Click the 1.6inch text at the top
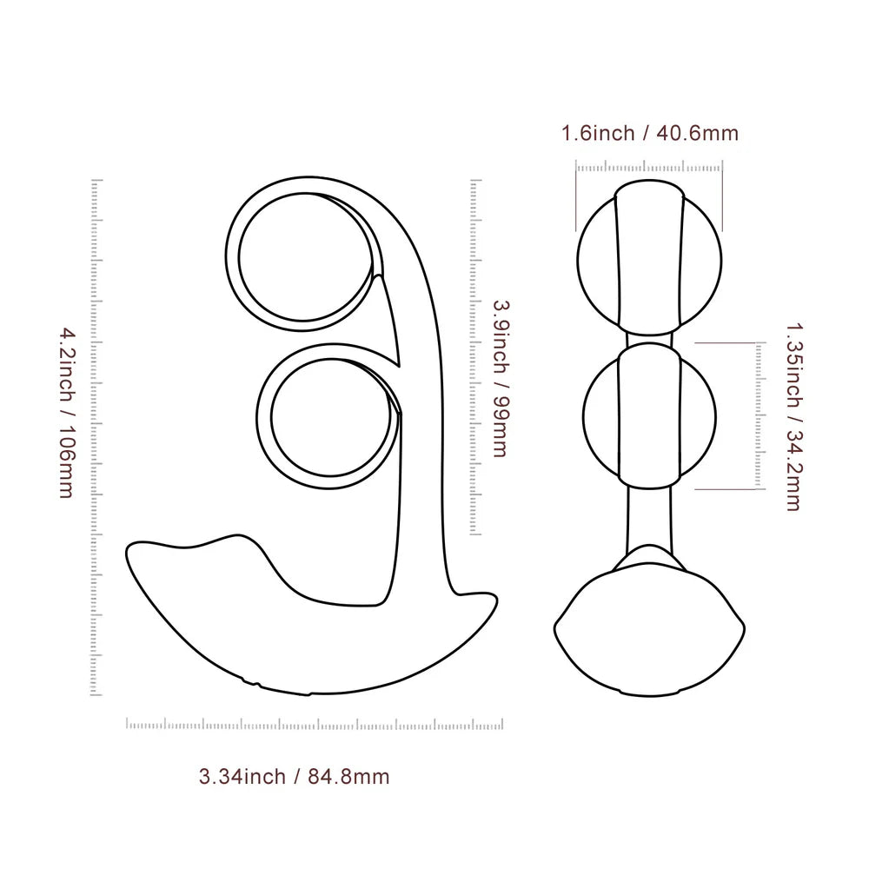click(597, 134)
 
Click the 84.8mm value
click(348, 777)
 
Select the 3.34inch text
click(242, 777)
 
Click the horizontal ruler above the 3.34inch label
click(315, 724)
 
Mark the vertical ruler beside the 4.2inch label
click(96, 438)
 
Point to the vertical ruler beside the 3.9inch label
click(475, 356)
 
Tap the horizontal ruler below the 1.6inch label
click(649, 167)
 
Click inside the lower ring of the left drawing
click(328, 418)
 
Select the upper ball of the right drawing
click(649, 255)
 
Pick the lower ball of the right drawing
click(649, 412)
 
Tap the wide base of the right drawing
click(649, 634)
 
